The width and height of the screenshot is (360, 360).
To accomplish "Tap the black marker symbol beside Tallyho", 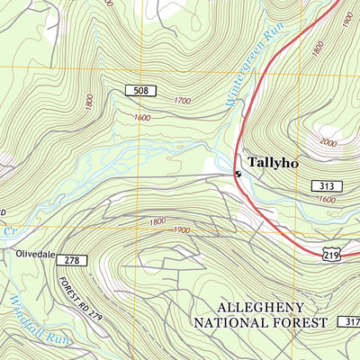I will (238, 173).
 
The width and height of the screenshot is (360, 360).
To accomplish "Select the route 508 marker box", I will (141, 91).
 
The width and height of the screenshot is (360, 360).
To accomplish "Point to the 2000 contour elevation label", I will (328, 142).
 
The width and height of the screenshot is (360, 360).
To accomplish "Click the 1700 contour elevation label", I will (183, 102).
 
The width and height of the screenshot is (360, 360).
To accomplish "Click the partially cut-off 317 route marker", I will (350, 321).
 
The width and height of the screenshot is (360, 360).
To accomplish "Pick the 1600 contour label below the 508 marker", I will (141, 118).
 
